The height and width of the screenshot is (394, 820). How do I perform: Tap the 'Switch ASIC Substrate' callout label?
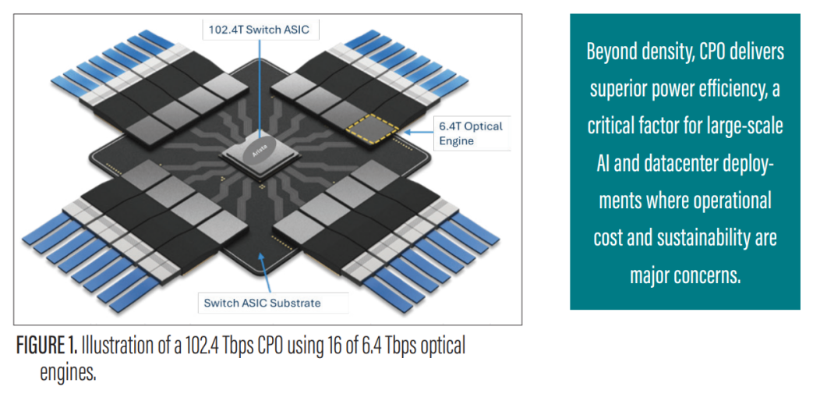pyautogui.click(x=262, y=303)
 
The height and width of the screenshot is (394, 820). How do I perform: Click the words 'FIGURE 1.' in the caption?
pyautogui.click(x=46, y=345)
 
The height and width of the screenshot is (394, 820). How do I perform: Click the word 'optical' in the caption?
pyautogui.click(x=444, y=345)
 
